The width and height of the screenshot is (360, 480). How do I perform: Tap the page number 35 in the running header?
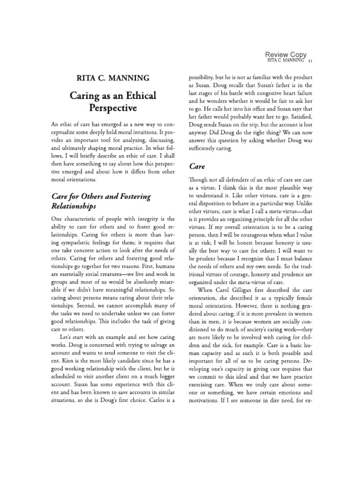310,61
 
